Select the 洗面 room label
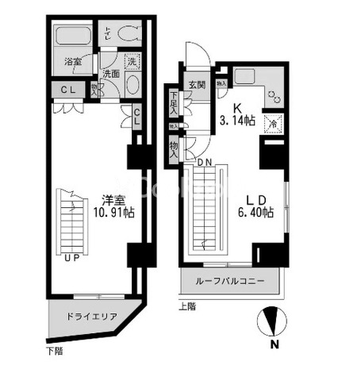click(x=111, y=74)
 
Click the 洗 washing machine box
click(x=132, y=60)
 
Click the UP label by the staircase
click(x=71, y=258)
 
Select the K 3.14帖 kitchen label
click(x=236, y=116)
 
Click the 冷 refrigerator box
click(x=274, y=125)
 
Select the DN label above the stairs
click(x=204, y=162)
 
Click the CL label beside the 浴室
click(x=68, y=90)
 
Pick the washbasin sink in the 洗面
click(x=132, y=85)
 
